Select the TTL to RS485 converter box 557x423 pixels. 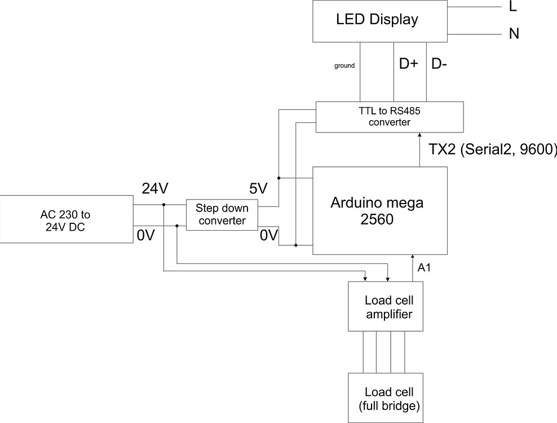(390, 117)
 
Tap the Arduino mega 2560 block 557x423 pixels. (380, 210)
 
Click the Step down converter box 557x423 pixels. (222, 214)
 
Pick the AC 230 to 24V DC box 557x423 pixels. (66, 219)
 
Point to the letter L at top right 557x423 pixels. (512, 7)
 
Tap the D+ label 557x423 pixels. (408, 64)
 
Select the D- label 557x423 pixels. (440, 64)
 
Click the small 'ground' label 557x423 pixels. (344, 66)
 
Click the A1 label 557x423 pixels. (424, 268)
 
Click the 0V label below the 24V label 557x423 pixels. (145, 235)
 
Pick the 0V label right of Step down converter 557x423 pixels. (269, 235)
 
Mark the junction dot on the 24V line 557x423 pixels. (163, 205)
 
